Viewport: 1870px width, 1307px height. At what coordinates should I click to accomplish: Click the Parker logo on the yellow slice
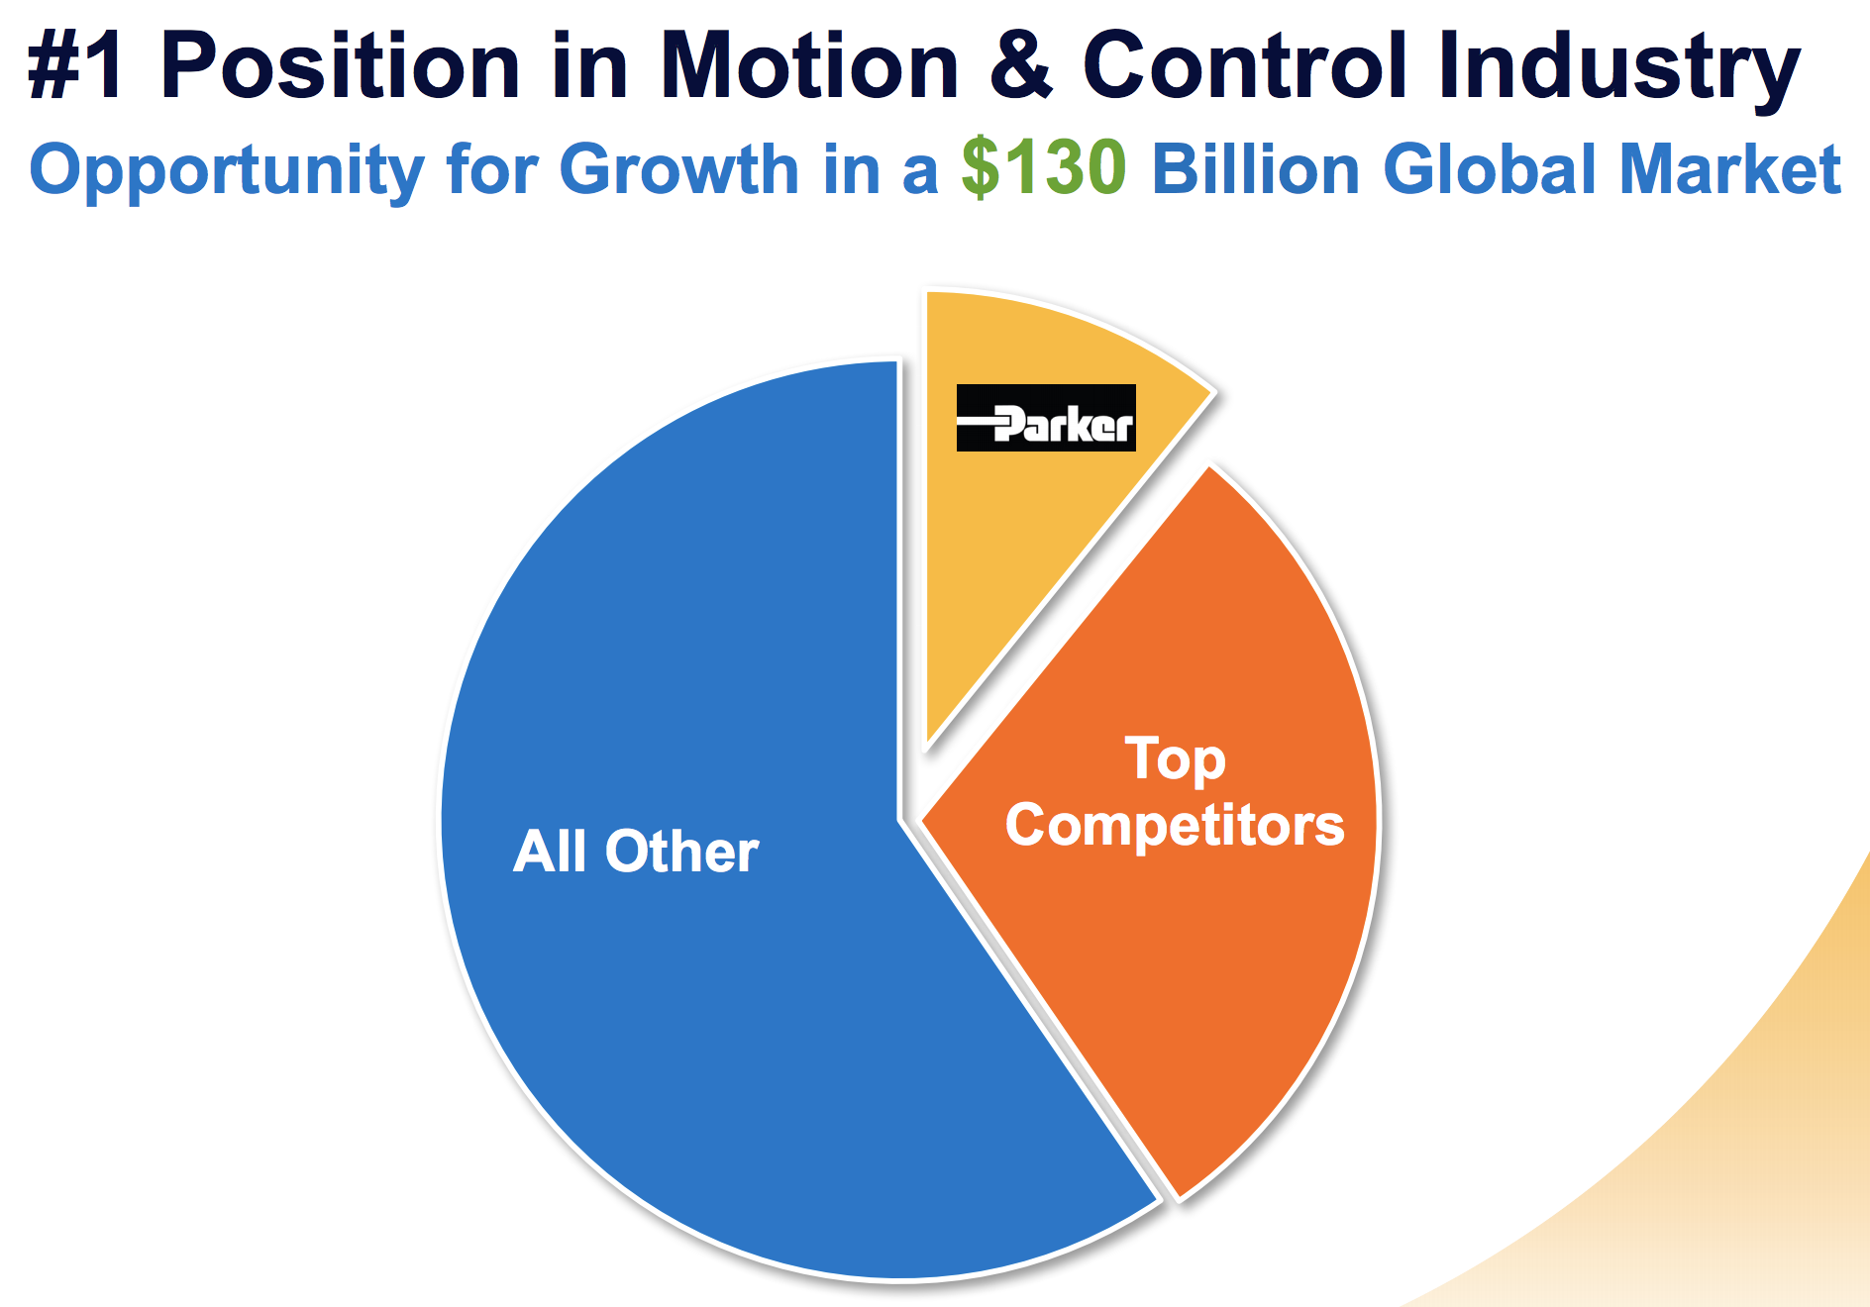click(1046, 418)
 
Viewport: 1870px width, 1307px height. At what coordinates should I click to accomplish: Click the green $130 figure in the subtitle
click(1044, 168)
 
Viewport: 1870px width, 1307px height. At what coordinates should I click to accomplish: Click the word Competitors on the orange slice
click(1176, 825)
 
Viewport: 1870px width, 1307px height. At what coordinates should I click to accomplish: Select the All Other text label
click(636, 851)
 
